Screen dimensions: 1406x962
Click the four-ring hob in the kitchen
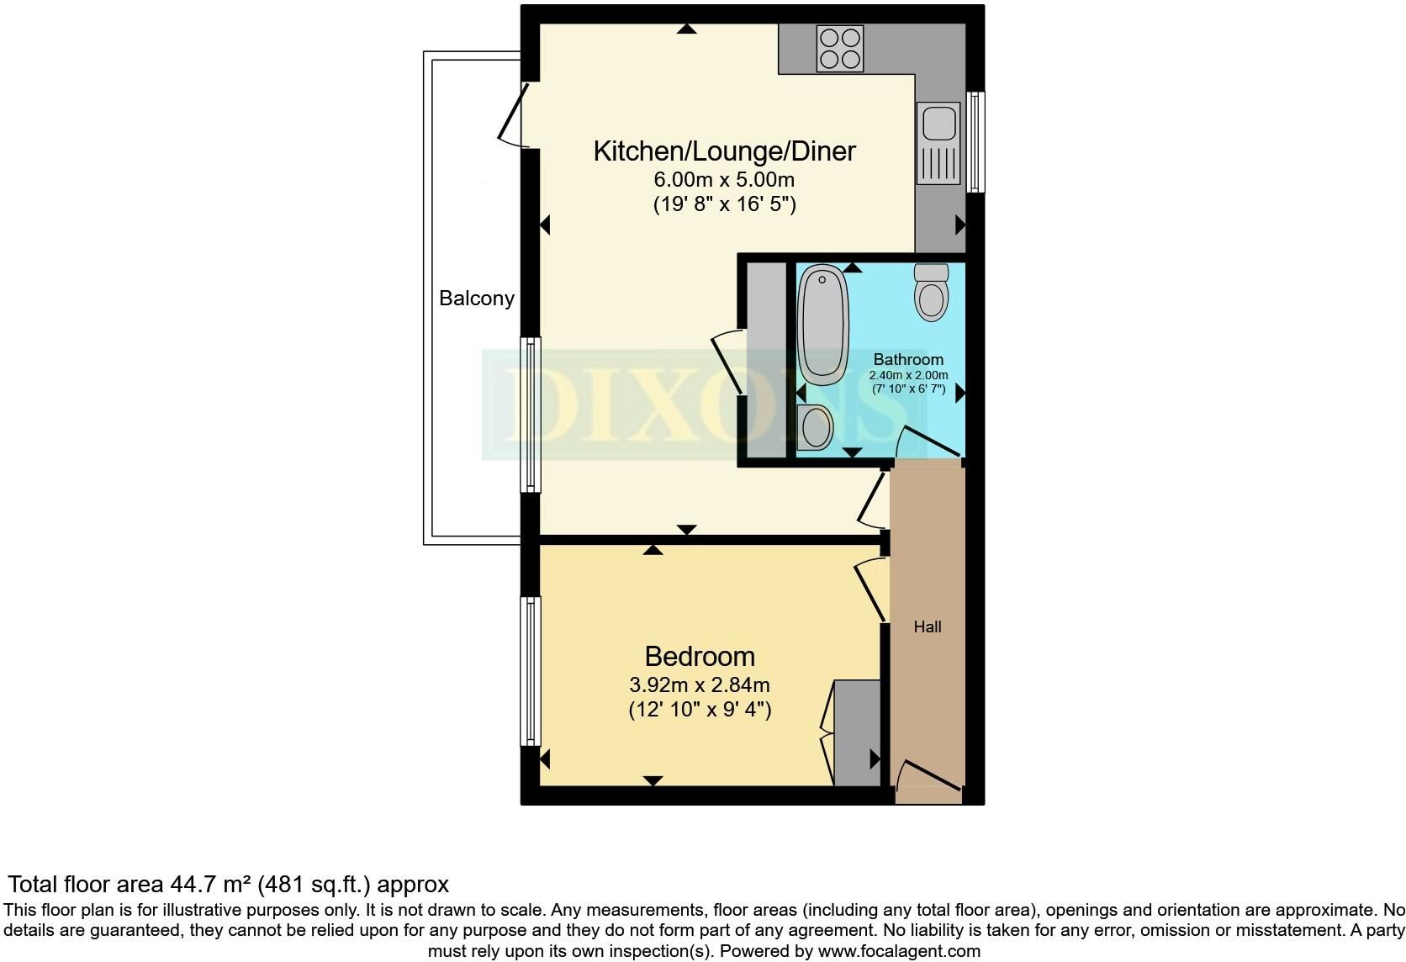840,48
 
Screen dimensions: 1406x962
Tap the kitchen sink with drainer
938,143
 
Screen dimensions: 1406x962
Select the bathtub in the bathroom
823,325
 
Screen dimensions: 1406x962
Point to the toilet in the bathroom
931,292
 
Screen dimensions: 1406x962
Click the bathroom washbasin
815,427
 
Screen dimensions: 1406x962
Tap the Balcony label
477,298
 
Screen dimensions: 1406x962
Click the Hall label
927,626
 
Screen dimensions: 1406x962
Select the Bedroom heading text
700,657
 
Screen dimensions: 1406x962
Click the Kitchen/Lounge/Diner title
724,151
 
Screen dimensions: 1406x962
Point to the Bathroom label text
908,360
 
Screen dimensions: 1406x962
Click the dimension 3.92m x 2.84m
700,684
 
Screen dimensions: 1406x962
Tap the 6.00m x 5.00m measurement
724,179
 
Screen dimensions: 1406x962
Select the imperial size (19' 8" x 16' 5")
724,204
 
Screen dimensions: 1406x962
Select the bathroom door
928,441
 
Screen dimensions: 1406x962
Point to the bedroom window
531,671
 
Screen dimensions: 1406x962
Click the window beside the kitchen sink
975,142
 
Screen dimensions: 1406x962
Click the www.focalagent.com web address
899,951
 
